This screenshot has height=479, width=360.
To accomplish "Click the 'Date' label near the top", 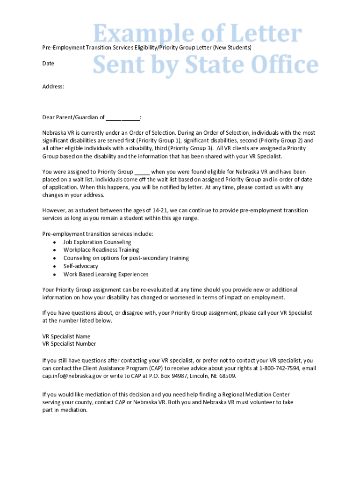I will point(48,63).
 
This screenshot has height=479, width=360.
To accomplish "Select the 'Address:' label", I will point(53,87).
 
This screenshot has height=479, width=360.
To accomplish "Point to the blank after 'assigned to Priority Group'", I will point(142,172).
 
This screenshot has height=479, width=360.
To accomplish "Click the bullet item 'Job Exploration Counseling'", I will point(97,242).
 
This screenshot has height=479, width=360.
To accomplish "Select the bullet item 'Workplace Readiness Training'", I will point(101,250).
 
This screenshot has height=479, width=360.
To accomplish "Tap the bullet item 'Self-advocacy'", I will point(81,266).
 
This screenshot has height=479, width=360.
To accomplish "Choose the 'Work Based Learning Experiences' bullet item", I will point(106,274).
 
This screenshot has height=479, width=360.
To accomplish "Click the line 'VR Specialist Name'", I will point(66,336).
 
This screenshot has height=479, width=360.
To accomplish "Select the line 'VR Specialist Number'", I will point(69,344).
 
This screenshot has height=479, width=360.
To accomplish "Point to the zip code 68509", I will point(227,376).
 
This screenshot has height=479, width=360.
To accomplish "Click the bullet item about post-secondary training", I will point(126,258).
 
